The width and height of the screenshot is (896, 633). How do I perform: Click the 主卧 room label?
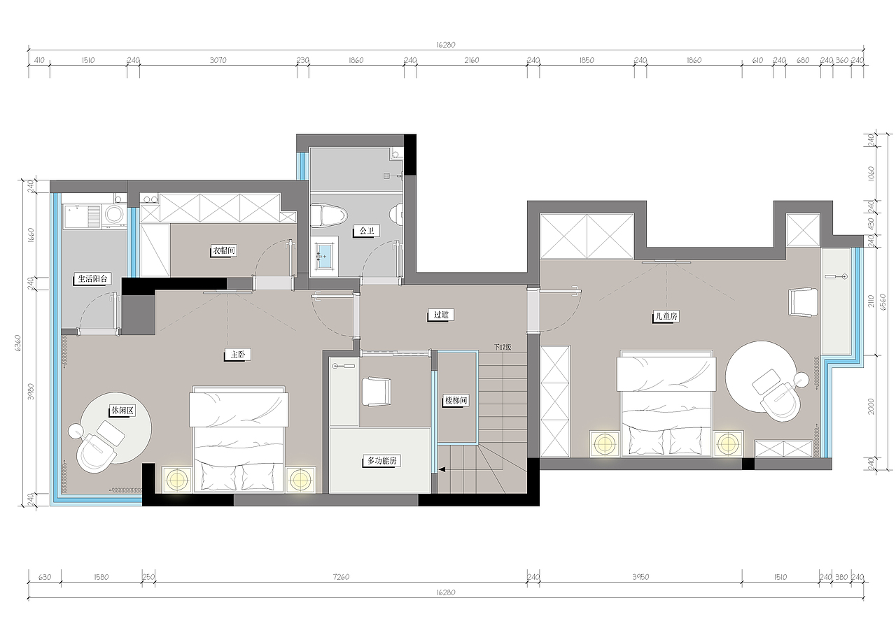237,354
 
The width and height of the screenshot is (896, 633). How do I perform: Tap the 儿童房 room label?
666,316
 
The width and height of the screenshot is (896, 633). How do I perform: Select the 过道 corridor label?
441,315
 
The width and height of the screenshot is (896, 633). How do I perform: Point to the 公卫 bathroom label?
366,231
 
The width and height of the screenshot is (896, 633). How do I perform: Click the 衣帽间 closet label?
223,250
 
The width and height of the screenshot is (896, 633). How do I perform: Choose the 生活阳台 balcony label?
92,278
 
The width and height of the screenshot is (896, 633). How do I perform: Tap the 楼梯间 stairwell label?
456,400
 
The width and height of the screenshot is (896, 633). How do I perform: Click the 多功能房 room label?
381,460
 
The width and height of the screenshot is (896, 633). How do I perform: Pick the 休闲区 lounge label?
122,410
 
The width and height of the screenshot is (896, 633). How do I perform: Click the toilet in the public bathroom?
328,216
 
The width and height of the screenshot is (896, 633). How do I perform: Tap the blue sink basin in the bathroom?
324,256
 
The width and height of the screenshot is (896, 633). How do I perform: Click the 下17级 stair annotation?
503,347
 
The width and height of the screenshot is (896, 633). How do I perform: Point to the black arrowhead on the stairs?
442,469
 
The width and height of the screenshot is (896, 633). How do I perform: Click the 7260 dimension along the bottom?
341,576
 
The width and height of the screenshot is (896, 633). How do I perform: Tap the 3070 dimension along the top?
218,60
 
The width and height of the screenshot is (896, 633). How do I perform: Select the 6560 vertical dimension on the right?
883,301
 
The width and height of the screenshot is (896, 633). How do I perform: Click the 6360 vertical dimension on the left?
17,343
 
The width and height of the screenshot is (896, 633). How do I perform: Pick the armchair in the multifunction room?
376,391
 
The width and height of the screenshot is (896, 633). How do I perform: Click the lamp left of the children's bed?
604,443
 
